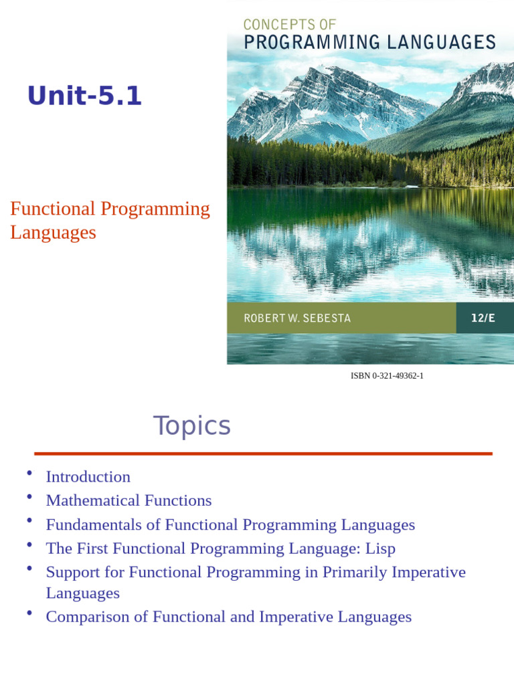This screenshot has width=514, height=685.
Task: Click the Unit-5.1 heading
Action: pyautogui.click(x=85, y=95)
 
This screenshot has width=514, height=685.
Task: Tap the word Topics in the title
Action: pyautogui.click(x=191, y=426)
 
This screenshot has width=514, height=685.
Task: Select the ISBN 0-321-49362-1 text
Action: pyautogui.click(x=387, y=376)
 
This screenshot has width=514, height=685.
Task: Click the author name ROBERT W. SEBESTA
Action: pyautogui.click(x=297, y=318)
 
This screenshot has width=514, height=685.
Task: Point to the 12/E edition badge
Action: pyautogui.click(x=483, y=318)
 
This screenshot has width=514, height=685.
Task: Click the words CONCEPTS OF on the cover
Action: pyautogui.click(x=289, y=25)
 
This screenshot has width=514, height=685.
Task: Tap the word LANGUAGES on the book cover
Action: pyautogui.click(x=441, y=42)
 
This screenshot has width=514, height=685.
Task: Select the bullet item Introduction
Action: pyautogui.click(x=88, y=476)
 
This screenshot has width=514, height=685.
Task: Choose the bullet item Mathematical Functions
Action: pyautogui.click(x=129, y=500)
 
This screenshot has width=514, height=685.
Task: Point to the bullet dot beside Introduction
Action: pyautogui.click(x=29, y=473)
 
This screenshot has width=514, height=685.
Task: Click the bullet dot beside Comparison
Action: pyautogui.click(x=29, y=613)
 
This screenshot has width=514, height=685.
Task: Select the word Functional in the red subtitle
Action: pyautogui.click(x=52, y=209)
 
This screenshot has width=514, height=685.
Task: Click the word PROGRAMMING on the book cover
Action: pyautogui.click(x=312, y=42)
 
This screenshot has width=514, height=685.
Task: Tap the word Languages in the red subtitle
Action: pyautogui.click(x=53, y=233)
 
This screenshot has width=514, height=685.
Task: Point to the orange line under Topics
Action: pyautogui.click(x=263, y=454)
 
